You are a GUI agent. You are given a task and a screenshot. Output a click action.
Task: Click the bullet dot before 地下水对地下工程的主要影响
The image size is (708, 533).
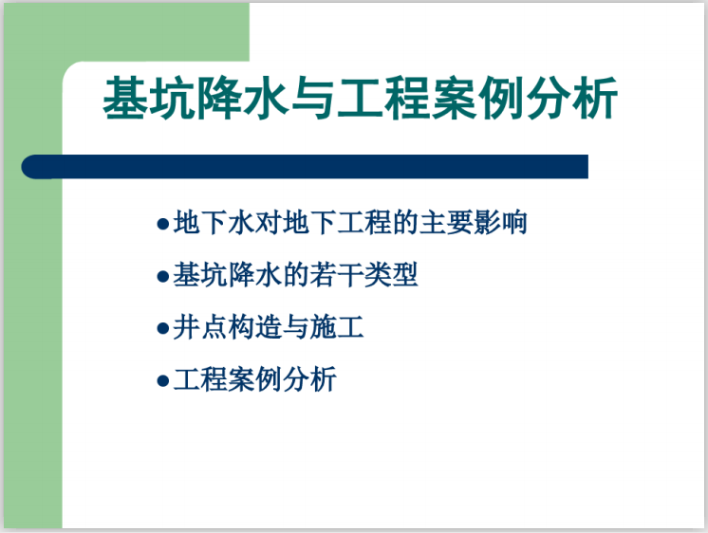pos(161,226)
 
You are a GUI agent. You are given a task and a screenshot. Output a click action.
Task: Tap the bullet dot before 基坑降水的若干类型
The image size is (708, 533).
pos(161,278)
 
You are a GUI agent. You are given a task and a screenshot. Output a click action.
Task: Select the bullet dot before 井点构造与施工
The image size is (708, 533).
pos(161,330)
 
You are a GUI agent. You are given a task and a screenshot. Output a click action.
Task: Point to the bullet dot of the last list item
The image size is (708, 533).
pos(161,382)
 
